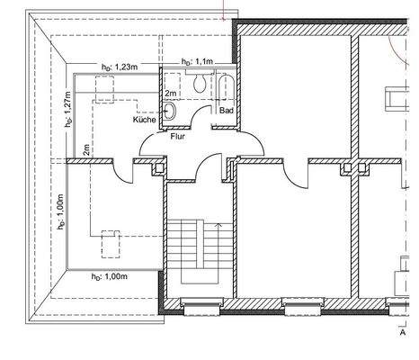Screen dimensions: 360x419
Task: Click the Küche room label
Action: (145, 119)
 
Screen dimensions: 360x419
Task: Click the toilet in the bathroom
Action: (198, 83)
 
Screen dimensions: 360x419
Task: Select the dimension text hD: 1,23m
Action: (119, 67)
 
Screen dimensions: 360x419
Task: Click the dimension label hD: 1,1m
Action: (198, 61)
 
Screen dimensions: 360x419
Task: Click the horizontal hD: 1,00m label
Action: (109, 276)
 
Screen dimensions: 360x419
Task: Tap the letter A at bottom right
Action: (401, 331)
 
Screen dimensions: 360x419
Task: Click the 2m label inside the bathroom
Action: (170, 93)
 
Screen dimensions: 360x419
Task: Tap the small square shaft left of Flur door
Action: (160, 166)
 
